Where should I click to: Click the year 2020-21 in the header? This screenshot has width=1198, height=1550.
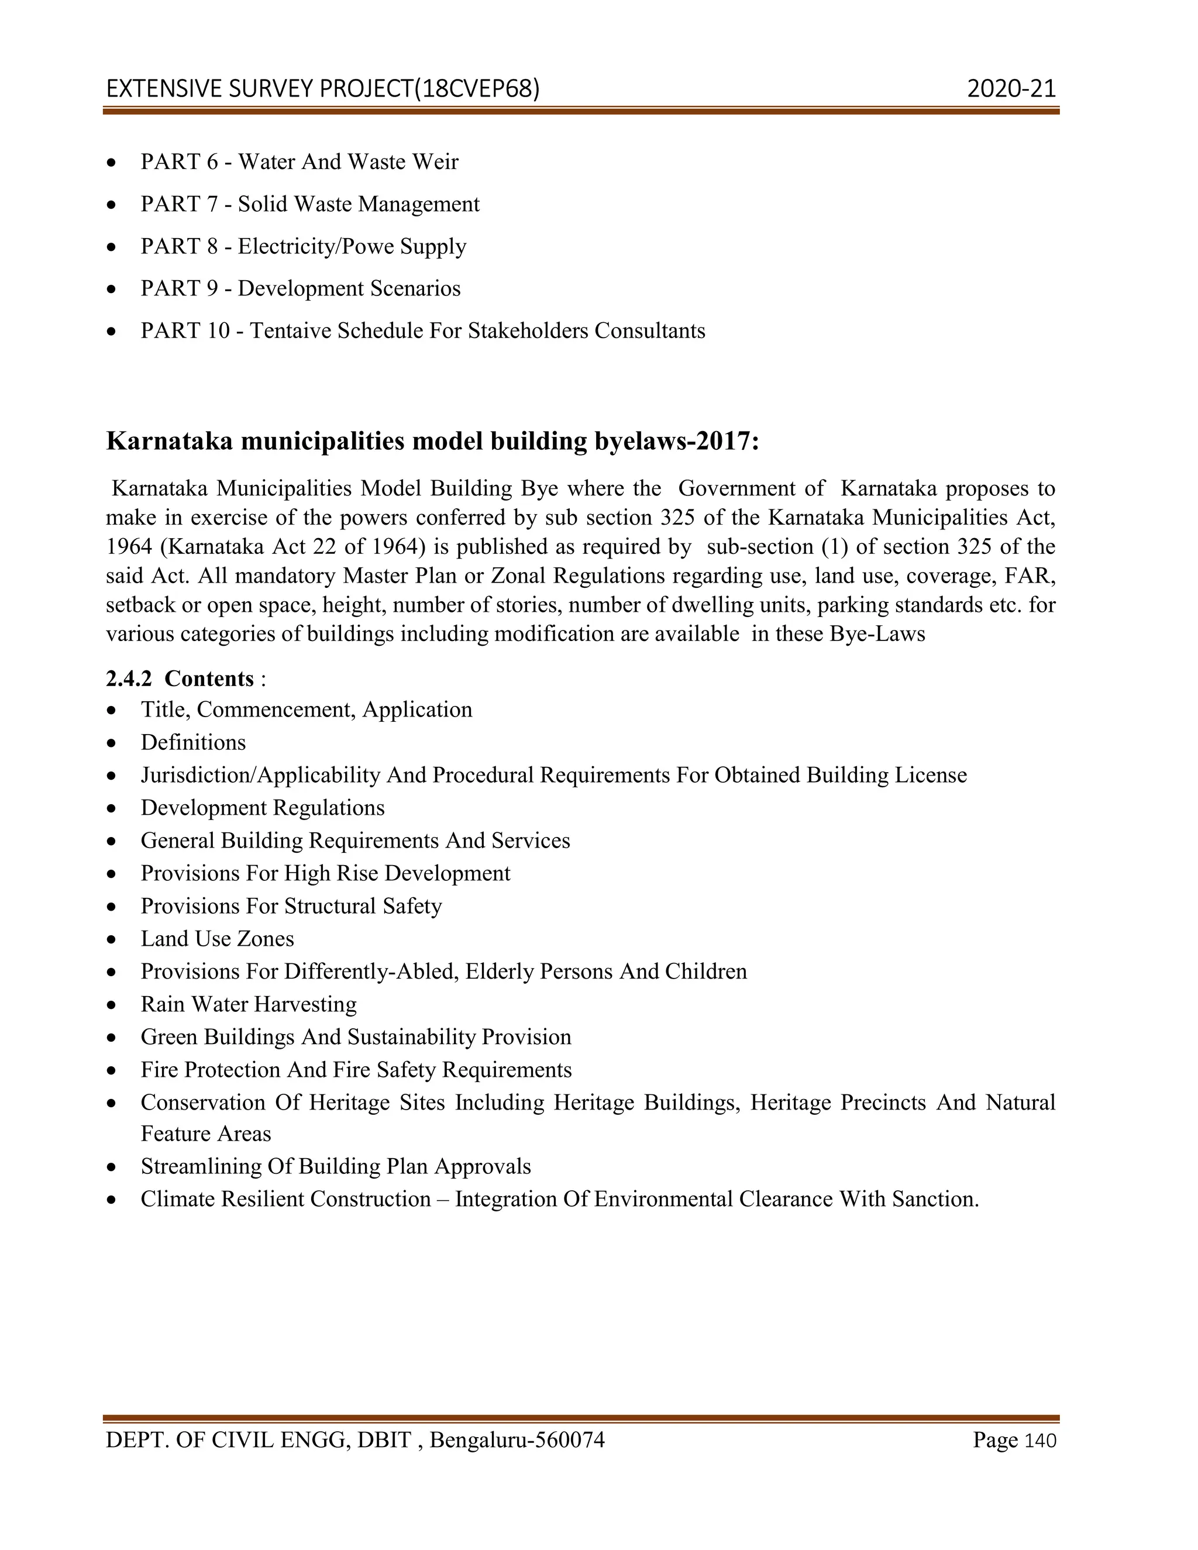click(x=1011, y=89)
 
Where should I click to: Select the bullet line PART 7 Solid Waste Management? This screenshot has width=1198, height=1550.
click(x=309, y=204)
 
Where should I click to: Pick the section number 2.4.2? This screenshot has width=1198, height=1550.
click(x=129, y=679)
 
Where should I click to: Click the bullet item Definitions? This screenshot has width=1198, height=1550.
click(x=193, y=742)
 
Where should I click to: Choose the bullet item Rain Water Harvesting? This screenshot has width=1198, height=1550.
click(x=249, y=1004)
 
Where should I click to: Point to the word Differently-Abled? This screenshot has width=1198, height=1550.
click(x=370, y=972)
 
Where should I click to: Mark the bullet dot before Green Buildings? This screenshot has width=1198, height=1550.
click(x=111, y=1038)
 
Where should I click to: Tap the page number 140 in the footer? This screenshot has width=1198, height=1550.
click(x=1041, y=1441)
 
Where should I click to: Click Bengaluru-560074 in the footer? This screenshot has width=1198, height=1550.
click(x=517, y=1440)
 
